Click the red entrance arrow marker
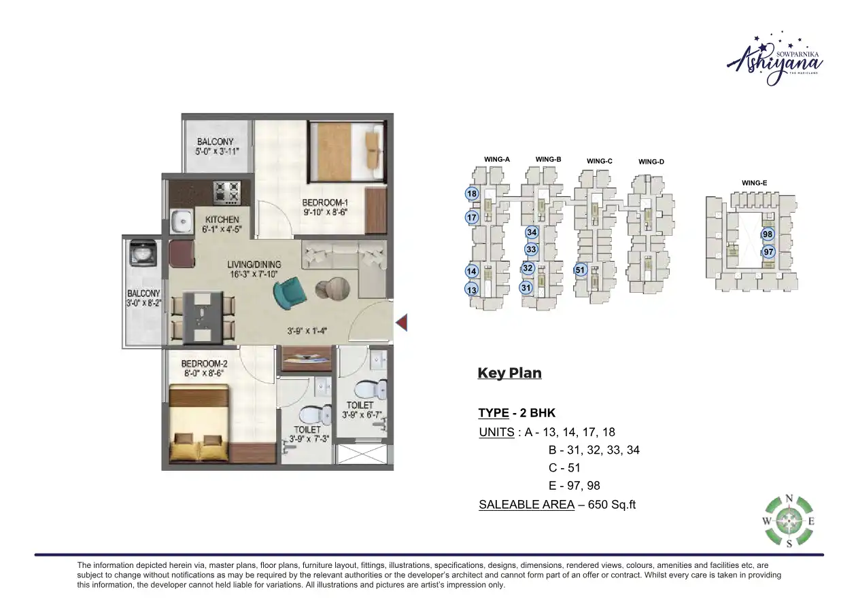coord(402,322)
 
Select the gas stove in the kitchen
coord(226,192)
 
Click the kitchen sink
coord(182,221)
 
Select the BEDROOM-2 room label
coord(203,368)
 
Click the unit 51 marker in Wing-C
coord(580,270)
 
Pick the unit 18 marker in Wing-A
coord(472,194)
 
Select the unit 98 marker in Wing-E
coord(768,234)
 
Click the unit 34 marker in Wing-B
coord(532,233)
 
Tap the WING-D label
coord(651,162)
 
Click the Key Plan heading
coord(509,373)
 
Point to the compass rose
coord(789,522)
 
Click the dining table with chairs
coord(203,317)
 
